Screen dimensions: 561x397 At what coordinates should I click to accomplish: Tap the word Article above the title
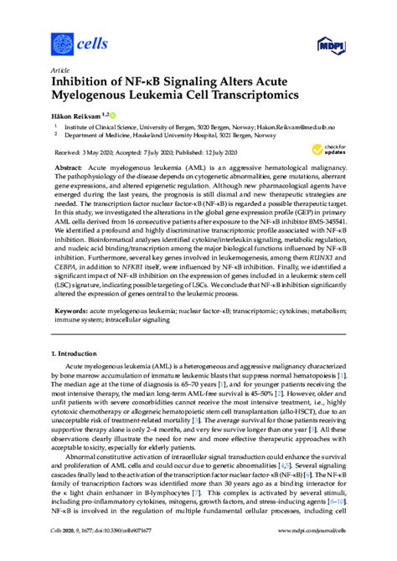[x=61, y=69]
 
